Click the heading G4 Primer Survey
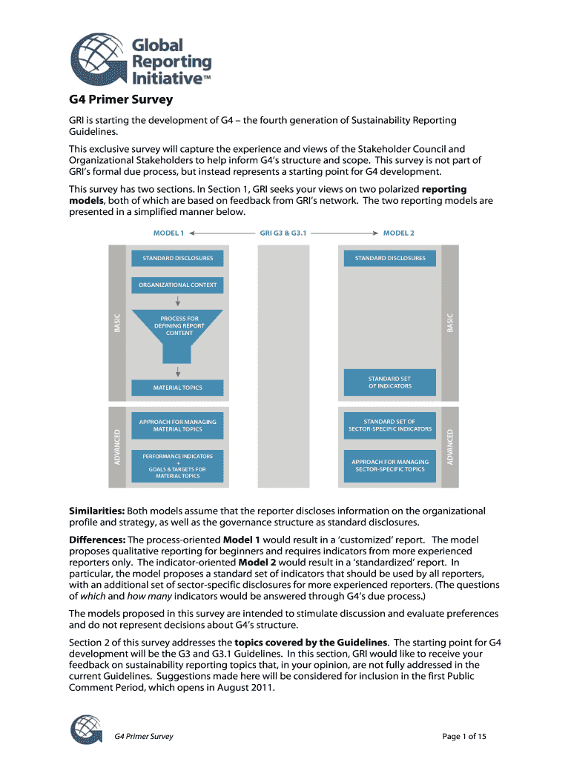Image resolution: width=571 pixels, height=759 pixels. [121, 99]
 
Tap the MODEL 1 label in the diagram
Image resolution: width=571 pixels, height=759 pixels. [168, 233]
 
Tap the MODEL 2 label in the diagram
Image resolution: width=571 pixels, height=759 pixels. [398, 233]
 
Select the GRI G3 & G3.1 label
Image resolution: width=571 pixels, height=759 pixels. [283, 233]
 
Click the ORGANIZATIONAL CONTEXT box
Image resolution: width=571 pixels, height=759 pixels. [178, 285]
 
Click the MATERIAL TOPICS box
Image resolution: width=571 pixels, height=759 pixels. [177, 388]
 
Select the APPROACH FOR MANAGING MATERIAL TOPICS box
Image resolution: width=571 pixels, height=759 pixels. [177, 425]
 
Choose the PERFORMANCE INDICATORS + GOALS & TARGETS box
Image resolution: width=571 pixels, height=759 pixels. [177, 465]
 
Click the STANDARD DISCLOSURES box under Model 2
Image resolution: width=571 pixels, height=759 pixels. [390, 258]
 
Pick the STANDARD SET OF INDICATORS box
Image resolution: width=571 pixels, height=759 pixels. [390, 382]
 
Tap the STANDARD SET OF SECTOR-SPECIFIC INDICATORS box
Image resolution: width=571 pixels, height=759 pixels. [390, 425]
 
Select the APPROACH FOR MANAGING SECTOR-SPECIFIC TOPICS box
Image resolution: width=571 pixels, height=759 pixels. [390, 465]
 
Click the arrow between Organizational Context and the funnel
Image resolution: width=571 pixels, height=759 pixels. [178, 301]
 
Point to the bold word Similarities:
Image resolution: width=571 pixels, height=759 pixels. [97, 511]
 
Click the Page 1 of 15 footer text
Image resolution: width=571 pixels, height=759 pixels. [464, 736]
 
